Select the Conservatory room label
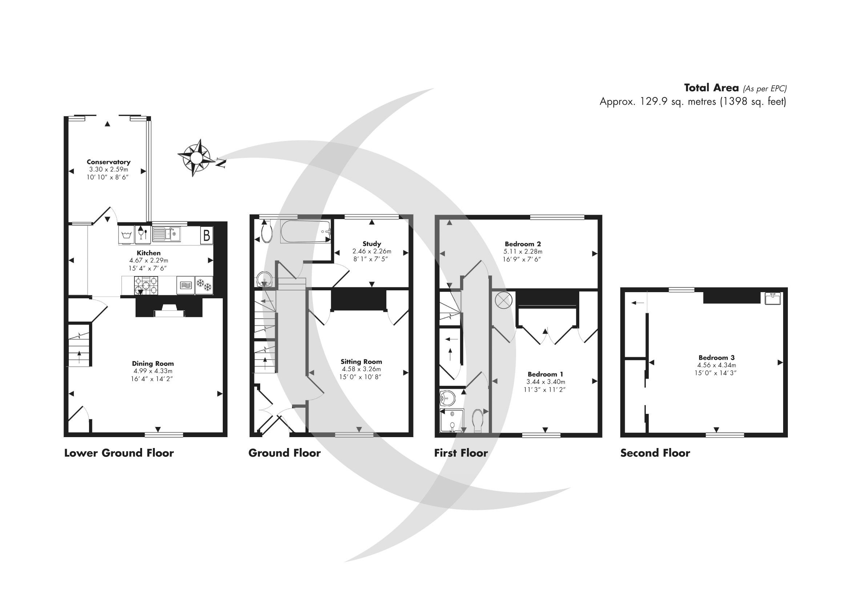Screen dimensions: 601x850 (108, 162)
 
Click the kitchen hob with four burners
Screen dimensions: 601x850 (146, 286)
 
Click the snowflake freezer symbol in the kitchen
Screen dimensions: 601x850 (204, 286)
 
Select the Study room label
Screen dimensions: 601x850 (371, 243)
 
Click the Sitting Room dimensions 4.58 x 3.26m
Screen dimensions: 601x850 (361, 369)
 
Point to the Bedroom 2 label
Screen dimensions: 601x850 (523, 244)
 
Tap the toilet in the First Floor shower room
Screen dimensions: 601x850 (478, 420)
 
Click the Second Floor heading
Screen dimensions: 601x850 (655, 453)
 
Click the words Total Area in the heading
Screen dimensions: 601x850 (711, 88)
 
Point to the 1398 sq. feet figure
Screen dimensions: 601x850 (752, 101)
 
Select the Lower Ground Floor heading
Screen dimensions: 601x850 (119, 453)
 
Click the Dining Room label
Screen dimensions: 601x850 (153, 363)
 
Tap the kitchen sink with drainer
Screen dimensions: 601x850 (166, 234)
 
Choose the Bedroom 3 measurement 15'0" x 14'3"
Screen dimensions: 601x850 (716, 373)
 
